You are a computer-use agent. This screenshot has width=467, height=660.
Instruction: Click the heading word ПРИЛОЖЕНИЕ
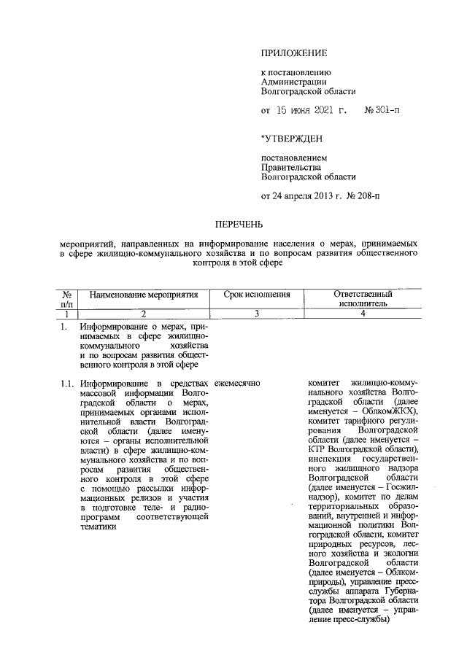tap(294, 53)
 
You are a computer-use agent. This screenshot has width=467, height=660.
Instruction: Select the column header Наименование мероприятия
tap(143, 295)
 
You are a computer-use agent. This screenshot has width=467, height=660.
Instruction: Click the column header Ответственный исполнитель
tap(363, 298)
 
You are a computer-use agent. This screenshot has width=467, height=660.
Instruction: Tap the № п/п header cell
tap(67, 298)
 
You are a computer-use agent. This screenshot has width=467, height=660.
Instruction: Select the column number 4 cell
tap(363, 314)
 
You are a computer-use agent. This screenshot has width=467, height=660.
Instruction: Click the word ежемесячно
tap(237, 383)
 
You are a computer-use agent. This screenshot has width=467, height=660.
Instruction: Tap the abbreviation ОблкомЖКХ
tap(377, 411)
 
